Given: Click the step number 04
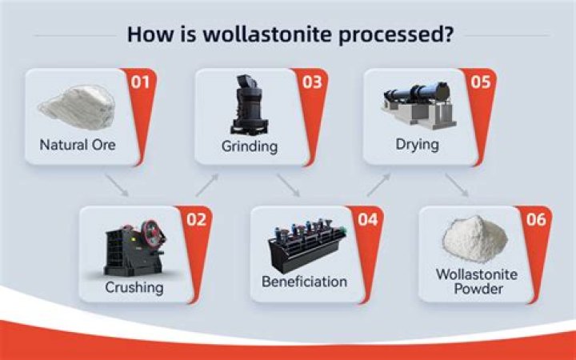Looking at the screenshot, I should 367,219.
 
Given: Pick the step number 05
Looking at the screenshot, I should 481,82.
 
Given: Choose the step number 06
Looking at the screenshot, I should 536,219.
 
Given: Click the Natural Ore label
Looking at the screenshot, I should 78,146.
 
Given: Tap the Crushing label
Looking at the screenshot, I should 134,286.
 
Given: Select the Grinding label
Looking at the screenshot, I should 249,146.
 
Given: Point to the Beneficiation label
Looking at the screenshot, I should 304,282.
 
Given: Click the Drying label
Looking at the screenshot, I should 417,145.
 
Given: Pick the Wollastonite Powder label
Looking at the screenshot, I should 477,281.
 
